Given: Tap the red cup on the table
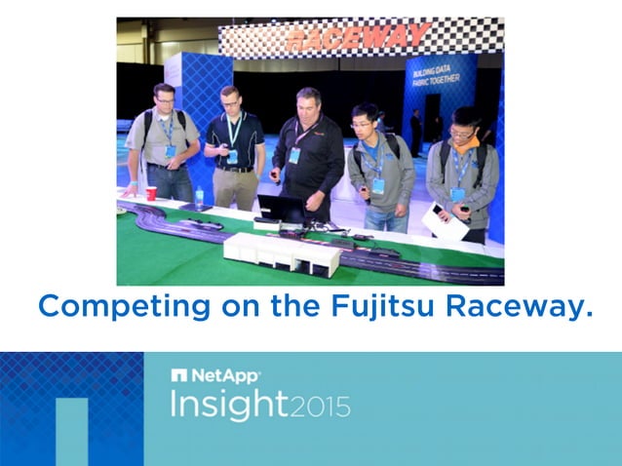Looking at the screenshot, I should (x=151, y=193).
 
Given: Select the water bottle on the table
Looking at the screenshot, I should (x=199, y=195).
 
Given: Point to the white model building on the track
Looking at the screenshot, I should (x=282, y=252).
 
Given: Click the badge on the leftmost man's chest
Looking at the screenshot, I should (x=171, y=151).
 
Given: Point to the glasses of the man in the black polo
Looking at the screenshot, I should (x=230, y=102).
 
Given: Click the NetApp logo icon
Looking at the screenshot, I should (x=178, y=375).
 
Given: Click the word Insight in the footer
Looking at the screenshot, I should (x=228, y=404).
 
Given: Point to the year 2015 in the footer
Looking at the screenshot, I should (x=320, y=406).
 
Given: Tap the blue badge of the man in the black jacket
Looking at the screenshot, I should (x=294, y=155).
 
